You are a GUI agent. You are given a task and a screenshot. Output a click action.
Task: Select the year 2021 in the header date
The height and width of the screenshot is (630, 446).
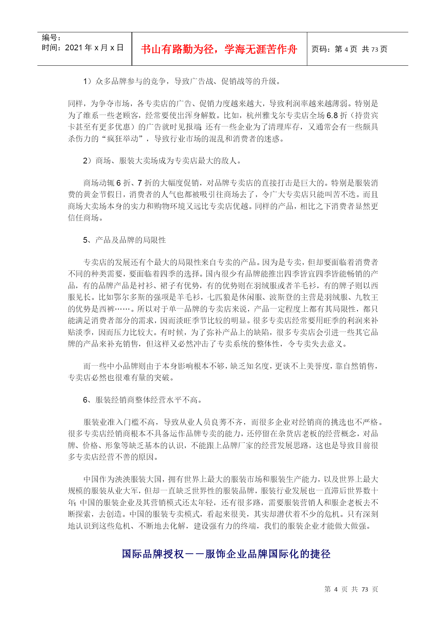click(x=74, y=48)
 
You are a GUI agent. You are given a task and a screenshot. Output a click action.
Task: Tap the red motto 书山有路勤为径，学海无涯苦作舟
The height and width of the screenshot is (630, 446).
click(x=219, y=49)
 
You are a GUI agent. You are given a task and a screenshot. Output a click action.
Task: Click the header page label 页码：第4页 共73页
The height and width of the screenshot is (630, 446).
click(x=349, y=49)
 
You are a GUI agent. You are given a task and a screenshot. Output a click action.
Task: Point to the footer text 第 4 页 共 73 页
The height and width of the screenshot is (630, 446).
click(x=351, y=589)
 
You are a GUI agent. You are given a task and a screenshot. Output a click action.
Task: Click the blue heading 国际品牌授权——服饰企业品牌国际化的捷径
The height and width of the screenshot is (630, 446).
click(x=226, y=554)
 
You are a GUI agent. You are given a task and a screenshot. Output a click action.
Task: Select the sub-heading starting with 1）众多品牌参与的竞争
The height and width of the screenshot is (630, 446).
click(x=182, y=82)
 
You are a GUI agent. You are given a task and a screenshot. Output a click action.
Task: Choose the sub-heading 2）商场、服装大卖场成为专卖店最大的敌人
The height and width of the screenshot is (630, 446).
click(x=162, y=161)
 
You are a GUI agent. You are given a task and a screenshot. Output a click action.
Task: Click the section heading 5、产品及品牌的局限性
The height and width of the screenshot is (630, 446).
click(x=124, y=240)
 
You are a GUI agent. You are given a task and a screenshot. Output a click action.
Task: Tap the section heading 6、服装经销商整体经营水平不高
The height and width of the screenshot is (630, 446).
click(x=143, y=400)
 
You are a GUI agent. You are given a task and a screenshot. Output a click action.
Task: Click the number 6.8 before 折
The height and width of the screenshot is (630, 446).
click(x=332, y=116)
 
